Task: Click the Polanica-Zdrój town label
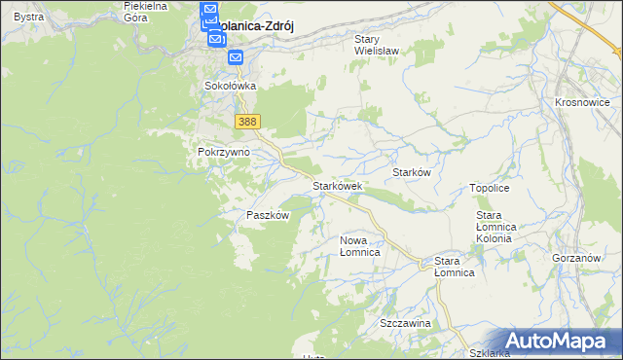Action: (x=255, y=28)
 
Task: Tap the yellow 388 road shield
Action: (x=247, y=121)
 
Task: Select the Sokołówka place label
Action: (x=230, y=86)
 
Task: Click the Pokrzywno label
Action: (x=224, y=153)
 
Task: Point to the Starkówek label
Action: (x=337, y=185)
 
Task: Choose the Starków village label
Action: (x=411, y=172)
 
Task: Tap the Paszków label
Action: (x=268, y=215)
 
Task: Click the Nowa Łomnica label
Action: (x=359, y=245)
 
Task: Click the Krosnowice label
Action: (x=581, y=102)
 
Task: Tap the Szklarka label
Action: (x=489, y=353)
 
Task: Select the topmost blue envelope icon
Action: (x=209, y=10)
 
